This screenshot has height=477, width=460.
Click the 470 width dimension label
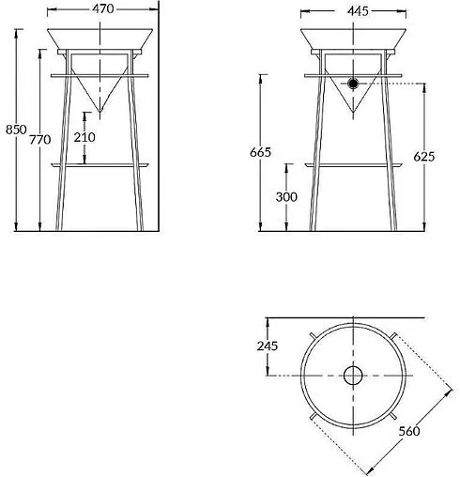(x=103, y=8)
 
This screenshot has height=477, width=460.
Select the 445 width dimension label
(x=358, y=11)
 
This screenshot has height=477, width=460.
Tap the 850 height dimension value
(x=16, y=130)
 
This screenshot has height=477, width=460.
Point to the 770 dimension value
(x=40, y=139)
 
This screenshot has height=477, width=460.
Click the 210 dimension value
(x=84, y=137)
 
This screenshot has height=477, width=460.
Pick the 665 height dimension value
(x=260, y=152)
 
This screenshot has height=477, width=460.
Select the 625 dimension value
(x=424, y=157)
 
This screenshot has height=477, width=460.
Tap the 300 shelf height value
(x=286, y=197)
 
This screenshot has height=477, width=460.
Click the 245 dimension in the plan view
(x=268, y=346)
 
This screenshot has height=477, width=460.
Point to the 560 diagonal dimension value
(x=409, y=431)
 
